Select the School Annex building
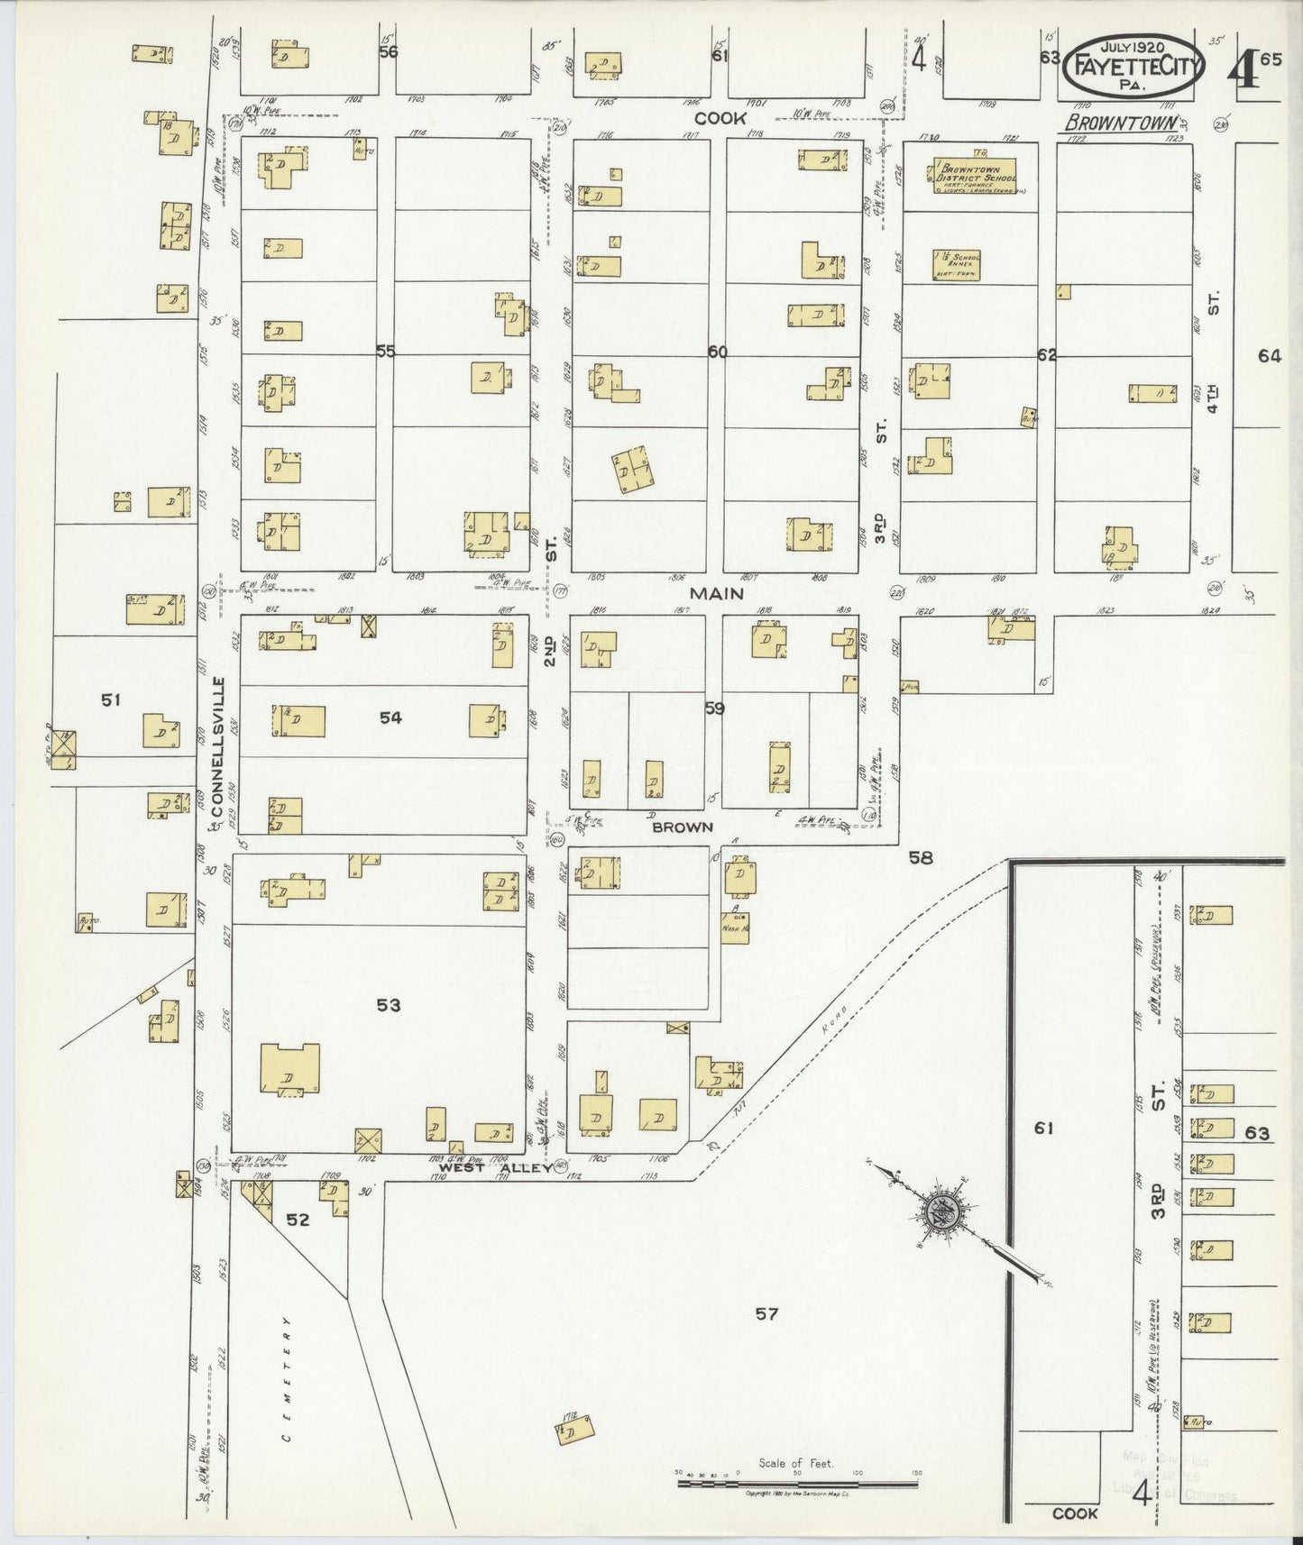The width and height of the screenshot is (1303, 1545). pyautogui.click(x=957, y=263)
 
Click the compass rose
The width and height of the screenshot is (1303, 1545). pyautogui.click(x=944, y=1207)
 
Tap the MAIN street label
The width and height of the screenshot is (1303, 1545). pyautogui.click(x=717, y=593)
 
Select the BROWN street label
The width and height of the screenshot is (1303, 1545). pyautogui.click(x=684, y=827)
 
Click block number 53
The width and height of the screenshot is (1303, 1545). pyautogui.click(x=388, y=1005)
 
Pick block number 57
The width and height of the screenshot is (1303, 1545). pyautogui.click(x=766, y=1313)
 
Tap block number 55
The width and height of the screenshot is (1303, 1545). pyautogui.click(x=385, y=351)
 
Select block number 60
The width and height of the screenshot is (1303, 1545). pyautogui.click(x=717, y=352)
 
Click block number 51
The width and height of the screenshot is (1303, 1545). pyautogui.click(x=111, y=699)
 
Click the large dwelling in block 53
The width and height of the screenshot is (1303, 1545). pyautogui.click(x=289, y=1071)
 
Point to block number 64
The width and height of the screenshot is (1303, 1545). pyautogui.click(x=1270, y=356)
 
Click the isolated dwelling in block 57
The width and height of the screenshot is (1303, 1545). pyautogui.click(x=577, y=1432)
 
